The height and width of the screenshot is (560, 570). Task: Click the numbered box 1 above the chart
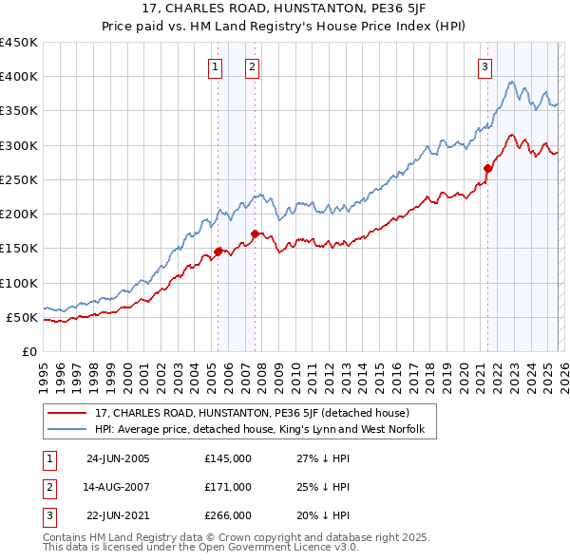point(216,66)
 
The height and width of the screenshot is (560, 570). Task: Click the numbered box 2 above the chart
point(252,66)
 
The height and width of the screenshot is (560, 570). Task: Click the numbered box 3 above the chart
point(484,66)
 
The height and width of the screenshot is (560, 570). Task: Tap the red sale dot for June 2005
point(218,252)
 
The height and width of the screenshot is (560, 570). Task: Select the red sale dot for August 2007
point(255,233)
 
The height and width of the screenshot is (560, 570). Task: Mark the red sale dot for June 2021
point(487,169)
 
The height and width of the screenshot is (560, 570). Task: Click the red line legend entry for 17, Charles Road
point(252,413)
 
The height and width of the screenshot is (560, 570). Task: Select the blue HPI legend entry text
point(265,430)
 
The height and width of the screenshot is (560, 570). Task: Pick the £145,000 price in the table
point(228,458)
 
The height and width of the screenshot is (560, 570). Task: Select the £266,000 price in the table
point(228,515)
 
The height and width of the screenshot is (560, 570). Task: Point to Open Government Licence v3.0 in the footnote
point(268,549)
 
